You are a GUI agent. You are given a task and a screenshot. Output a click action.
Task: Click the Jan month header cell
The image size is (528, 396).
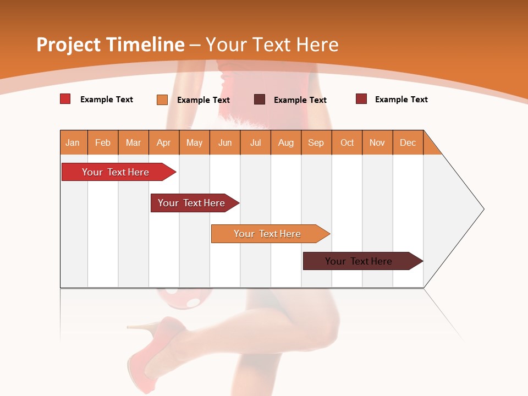click(x=73, y=142)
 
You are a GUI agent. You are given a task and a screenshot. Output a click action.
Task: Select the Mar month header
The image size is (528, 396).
click(x=133, y=142)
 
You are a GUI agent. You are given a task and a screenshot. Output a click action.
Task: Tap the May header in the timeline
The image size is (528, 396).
click(x=194, y=142)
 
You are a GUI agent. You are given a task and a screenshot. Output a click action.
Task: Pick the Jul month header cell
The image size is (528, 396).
click(x=255, y=142)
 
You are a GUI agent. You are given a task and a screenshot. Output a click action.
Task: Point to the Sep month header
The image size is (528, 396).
click(x=316, y=142)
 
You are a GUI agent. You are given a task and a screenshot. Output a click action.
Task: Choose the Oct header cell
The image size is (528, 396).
click(x=347, y=142)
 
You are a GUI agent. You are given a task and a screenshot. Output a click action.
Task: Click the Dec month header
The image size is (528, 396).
click(x=408, y=142)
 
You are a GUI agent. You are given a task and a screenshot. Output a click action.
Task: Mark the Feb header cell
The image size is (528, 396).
click(x=103, y=142)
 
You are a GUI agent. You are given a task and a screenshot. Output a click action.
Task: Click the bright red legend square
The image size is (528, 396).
click(x=65, y=99)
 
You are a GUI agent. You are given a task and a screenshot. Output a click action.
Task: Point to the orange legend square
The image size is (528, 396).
click(x=162, y=100)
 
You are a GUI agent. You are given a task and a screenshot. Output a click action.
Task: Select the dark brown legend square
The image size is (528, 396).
click(x=260, y=100)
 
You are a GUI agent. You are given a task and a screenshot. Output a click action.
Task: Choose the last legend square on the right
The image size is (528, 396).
click(x=361, y=99)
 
